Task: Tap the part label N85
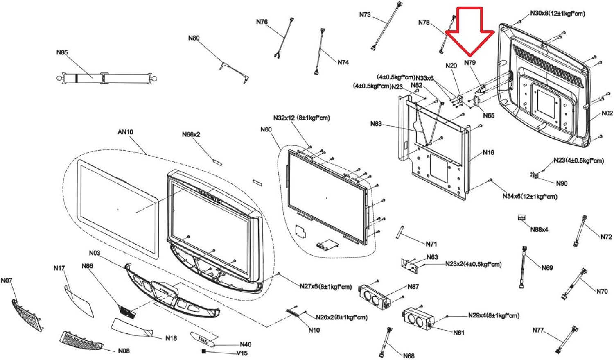62,52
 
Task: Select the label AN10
125,132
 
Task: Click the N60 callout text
266,129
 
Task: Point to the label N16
488,152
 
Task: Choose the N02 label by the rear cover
607,113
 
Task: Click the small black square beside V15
203,351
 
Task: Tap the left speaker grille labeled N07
27,315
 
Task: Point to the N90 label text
562,183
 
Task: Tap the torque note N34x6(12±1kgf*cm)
529,197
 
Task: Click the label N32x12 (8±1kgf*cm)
301,118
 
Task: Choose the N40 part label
246,344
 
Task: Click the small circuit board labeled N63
411,264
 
